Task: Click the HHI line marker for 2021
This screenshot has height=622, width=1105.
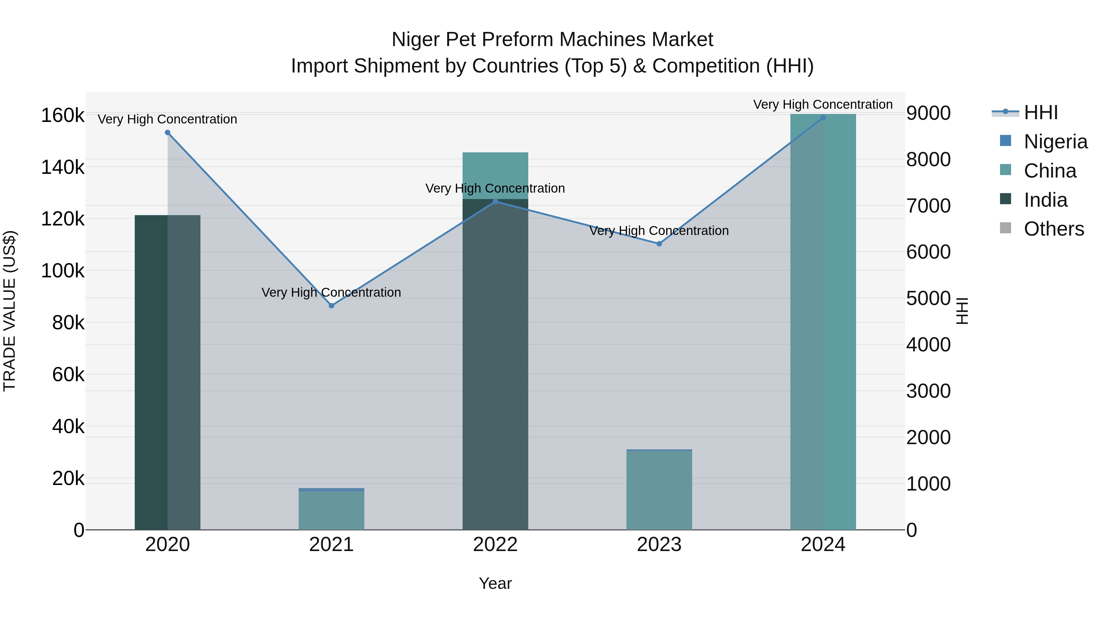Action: [x=331, y=306]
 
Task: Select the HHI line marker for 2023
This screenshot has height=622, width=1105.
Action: [x=659, y=244]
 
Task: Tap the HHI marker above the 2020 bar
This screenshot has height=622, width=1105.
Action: [x=167, y=133]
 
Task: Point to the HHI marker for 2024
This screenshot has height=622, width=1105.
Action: [x=823, y=118]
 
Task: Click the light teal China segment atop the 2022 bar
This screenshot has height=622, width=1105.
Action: [x=495, y=175]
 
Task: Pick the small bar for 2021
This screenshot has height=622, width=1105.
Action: [x=331, y=510]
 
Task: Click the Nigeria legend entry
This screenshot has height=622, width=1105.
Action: [x=1055, y=142]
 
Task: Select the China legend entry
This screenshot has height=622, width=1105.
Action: [x=1050, y=171]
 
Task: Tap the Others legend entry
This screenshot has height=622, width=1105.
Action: [x=1053, y=229]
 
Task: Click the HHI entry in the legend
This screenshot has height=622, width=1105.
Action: [x=1041, y=112]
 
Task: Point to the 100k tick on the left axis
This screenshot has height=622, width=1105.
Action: [x=63, y=271]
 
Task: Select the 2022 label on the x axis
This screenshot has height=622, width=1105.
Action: [x=495, y=545]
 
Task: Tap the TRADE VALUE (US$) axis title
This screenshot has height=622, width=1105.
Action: [x=10, y=311]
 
